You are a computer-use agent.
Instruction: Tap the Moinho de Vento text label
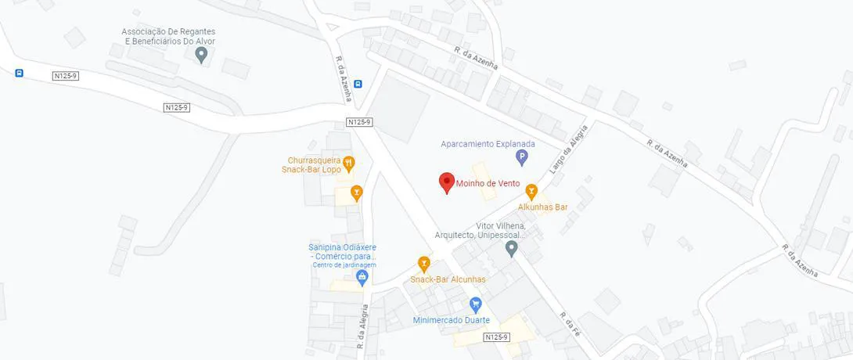pos(488,184)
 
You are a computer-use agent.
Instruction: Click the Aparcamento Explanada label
pos(488,144)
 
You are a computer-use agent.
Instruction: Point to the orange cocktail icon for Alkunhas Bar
pos(531,190)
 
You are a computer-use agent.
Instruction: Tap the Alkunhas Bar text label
pos(542,207)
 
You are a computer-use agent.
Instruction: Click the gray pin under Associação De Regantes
pos(201,54)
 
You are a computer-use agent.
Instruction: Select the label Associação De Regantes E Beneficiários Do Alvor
pos(168,37)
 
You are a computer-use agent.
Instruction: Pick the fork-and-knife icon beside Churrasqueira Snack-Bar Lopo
pos(349,163)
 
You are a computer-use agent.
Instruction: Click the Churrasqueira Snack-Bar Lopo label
pos(311,164)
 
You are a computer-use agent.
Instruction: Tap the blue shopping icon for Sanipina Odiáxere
pos(362,276)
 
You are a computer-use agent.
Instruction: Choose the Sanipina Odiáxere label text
pos(344,252)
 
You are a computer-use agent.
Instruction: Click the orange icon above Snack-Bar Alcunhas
pos(424,263)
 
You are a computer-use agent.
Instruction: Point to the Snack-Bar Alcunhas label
pos(448,279)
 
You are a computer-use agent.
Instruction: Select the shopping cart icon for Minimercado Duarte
pos(475,304)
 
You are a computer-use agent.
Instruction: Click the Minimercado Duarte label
pos(452,320)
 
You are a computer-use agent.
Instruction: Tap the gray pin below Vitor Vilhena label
pos(512,248)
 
